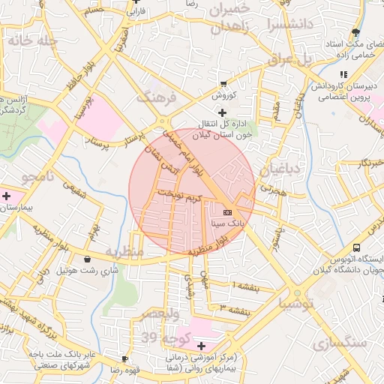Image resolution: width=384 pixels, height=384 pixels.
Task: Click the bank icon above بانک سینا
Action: [227, 213]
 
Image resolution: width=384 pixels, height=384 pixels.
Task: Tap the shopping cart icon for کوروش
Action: [223, 84]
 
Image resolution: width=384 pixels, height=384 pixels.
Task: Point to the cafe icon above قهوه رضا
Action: [124, 359]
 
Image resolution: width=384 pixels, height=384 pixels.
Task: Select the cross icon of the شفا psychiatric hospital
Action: [200, 345]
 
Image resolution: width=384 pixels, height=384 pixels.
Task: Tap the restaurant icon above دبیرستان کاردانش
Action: [343, 75]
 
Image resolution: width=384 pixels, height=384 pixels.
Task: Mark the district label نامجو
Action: [38, 178]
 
